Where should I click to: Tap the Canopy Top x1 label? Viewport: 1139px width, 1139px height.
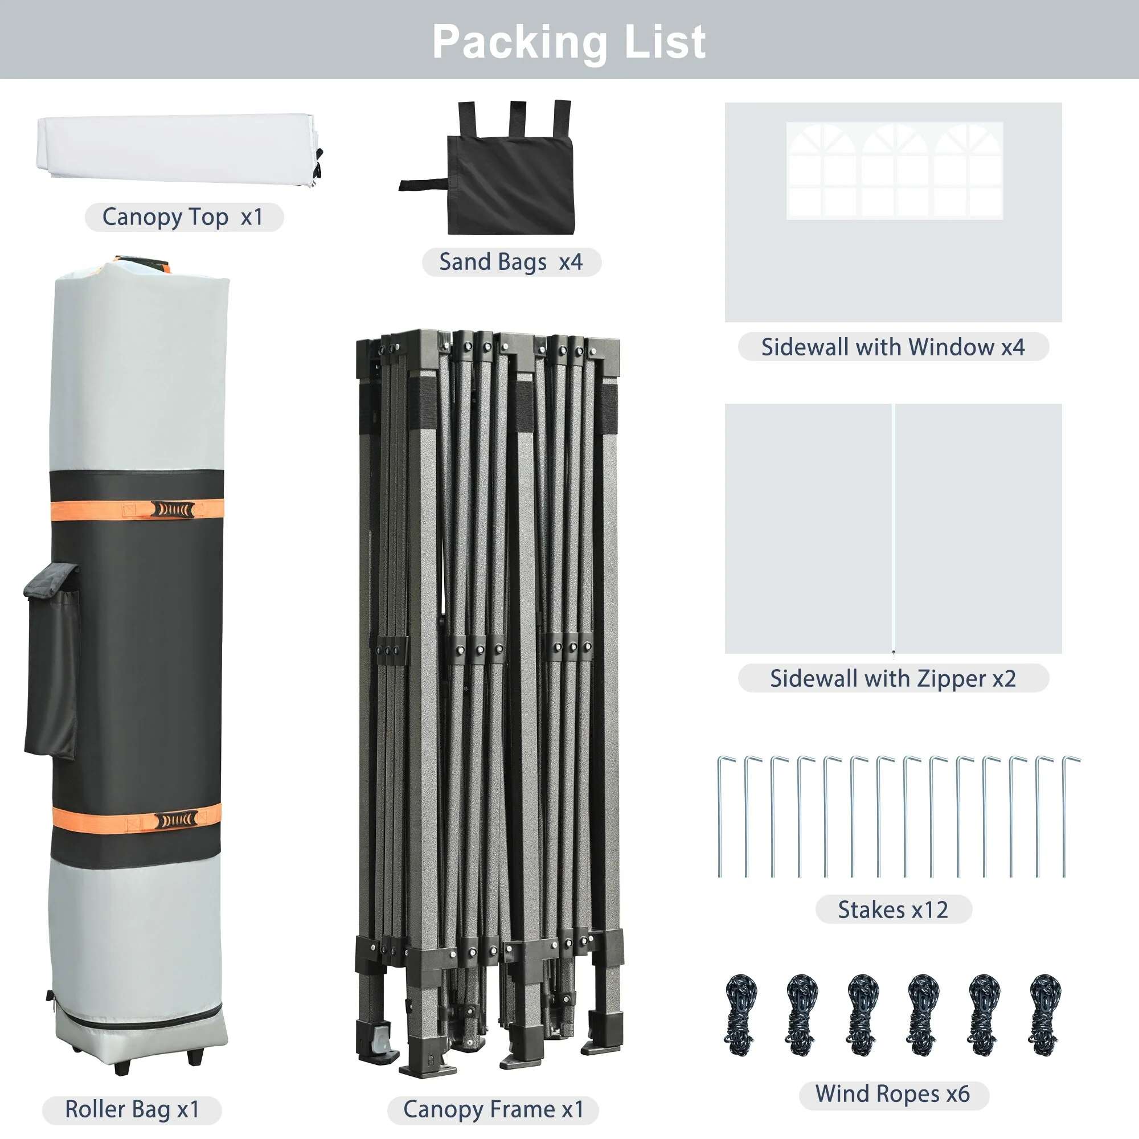click(x=183, y=217)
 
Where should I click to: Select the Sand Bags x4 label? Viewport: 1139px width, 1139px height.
click(x=511, y=262)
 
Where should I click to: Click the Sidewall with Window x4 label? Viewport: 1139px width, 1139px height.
click(x=892, y=347)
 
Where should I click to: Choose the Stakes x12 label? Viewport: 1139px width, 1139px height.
click(x=893, y=909)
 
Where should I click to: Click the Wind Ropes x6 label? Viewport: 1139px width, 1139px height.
click(x=892, y=1093)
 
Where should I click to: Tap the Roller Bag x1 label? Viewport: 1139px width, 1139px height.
click(x=132, y=1109)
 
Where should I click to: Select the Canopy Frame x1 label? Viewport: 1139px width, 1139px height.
click(x=493, y=1109)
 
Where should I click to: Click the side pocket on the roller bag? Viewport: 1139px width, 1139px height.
click(x=51, y=660)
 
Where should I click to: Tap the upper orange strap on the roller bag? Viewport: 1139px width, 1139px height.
click(x=137, y=510)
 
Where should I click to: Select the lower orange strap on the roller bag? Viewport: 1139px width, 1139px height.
click(x=136, y=820)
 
